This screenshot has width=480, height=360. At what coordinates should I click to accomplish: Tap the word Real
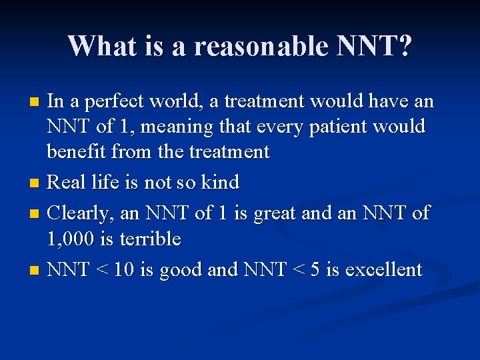click(x=69, y=182)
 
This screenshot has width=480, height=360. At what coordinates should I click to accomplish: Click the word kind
click(x=219, y=182)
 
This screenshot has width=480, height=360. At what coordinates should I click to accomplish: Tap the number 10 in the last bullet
click(x=125, y=270)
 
